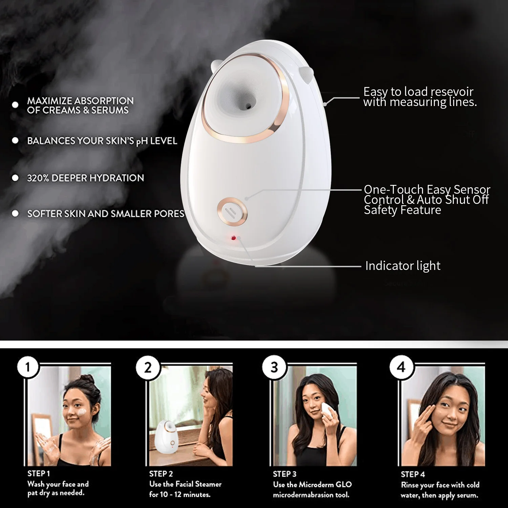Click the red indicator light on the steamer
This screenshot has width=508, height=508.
(233, 238)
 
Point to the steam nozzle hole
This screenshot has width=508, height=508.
(249, 106)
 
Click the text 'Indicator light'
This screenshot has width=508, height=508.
(403, 266)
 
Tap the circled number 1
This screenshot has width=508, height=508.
(28, 367)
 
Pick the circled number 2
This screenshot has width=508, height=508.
(148, 367)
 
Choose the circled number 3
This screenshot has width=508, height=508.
(274, 367)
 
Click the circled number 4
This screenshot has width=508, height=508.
(401, 367)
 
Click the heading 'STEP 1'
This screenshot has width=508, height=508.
(39, 473)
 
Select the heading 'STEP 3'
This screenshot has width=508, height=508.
(284, 474)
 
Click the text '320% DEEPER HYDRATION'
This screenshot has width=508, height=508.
(85, 178)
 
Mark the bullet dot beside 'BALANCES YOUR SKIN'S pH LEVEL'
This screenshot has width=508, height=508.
(15, 141)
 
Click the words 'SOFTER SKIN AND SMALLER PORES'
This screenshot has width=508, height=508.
(106, 214)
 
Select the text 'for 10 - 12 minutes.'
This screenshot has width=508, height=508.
(179, 494)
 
